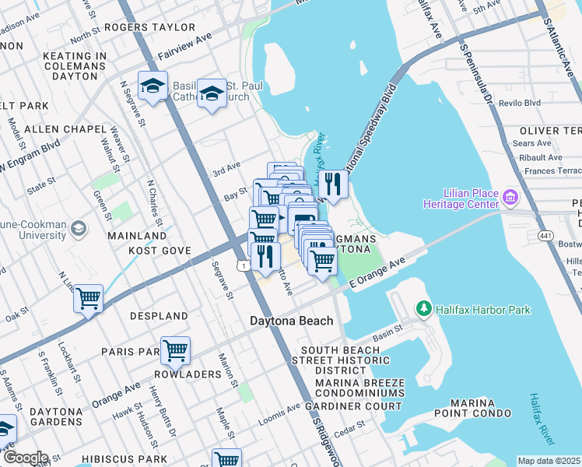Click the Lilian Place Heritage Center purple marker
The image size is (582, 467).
511,197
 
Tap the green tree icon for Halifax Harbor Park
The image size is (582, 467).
424,310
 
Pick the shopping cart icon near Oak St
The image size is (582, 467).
89,298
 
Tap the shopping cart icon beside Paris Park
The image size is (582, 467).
176,350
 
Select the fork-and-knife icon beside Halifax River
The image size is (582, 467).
332,184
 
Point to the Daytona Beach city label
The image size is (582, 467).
291,321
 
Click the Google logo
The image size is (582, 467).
25,458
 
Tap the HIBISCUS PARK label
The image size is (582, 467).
128,460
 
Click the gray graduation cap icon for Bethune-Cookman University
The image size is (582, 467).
78,228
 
